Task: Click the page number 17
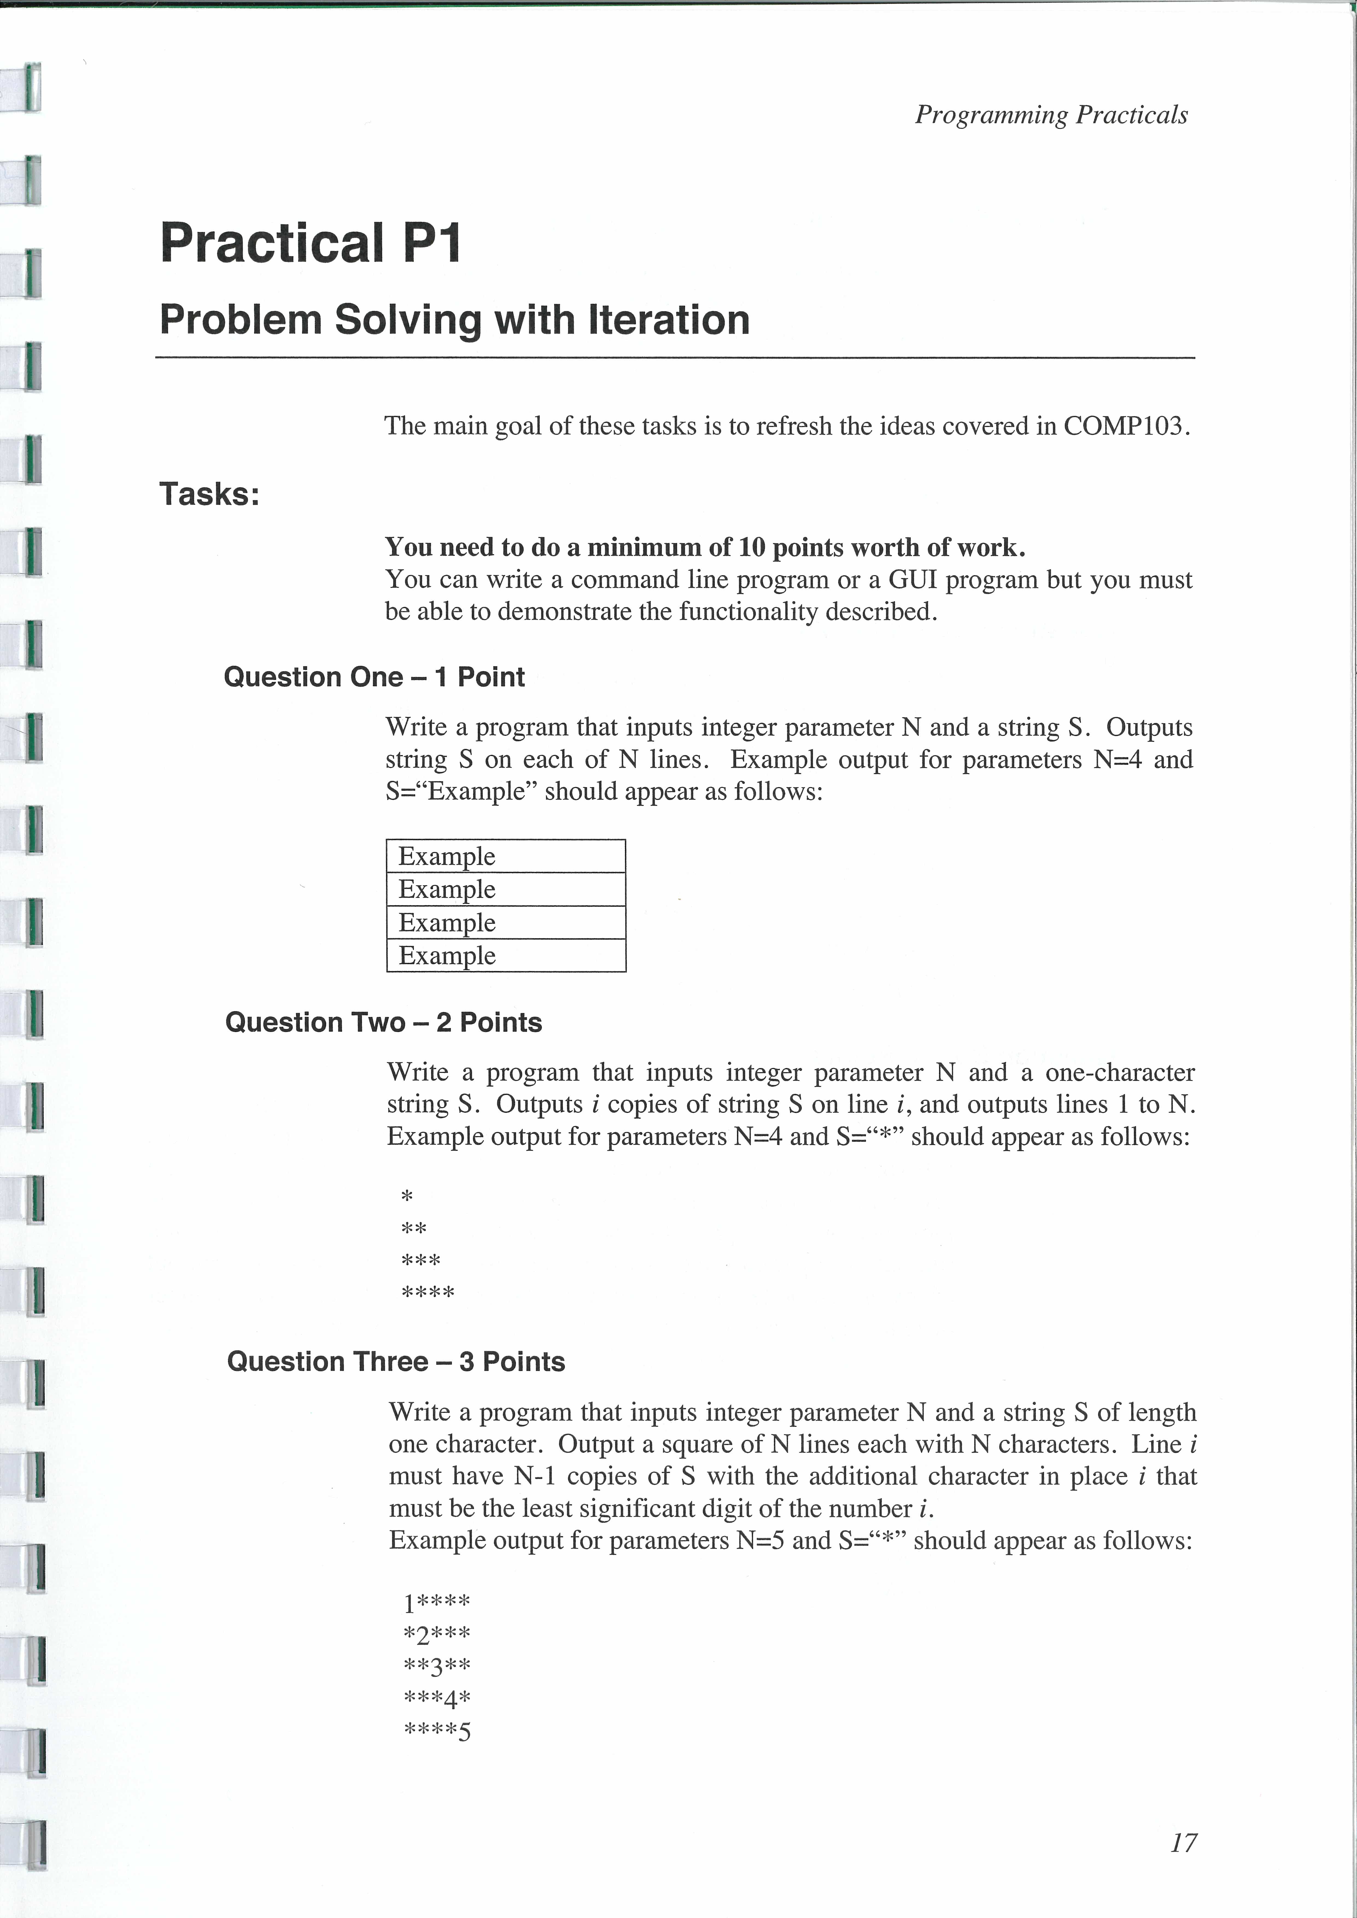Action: tap(1183, 1842)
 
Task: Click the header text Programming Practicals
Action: tap(1051, 114)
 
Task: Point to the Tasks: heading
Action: tap(210, 494)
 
